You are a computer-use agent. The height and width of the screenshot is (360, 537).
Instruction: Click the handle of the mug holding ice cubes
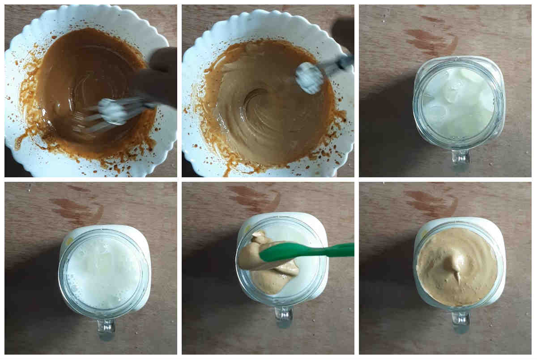pyautogui.click(x=460, y=158)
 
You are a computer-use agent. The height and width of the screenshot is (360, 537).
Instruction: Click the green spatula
pyautogui.click(x=309, y=251)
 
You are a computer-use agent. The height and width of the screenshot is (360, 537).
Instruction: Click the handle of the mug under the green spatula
pyautogui.click(x=284, y=317)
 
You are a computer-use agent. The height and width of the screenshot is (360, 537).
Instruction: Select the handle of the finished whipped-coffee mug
pyautogui.click(x=460, y=322)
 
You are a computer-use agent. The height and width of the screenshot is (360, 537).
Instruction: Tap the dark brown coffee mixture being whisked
pyautogui.click(x=85, y=76)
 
